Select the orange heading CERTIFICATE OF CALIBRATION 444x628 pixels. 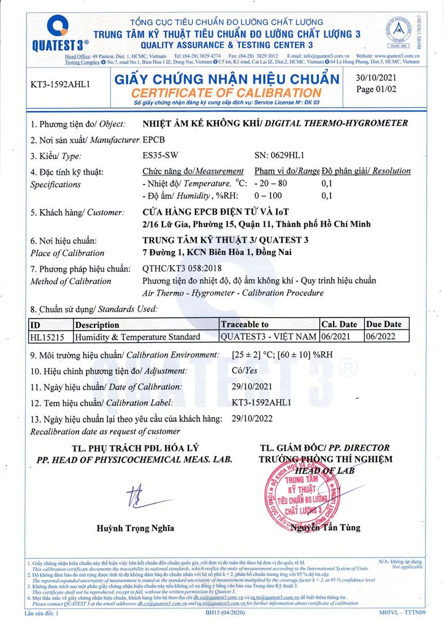pyautogui.click(x=226, y=93)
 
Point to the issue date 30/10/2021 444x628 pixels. pyautogui.click(x=376, y=77)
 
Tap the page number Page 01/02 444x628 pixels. pyautogui.click(x=375, y=89)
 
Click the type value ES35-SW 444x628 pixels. pyautogui.click(x=160, y=155)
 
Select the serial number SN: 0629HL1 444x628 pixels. pyautogui.click(x=279, y=155)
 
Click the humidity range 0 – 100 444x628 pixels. pyautogui.click(x=268, y=196)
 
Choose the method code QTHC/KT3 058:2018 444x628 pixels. pyautogui.click(x=182, y=269)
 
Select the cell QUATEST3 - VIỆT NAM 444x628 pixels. pyautogui.click(x=268, y=337)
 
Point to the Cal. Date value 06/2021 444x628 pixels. pyautogui.click(x=336, y=337)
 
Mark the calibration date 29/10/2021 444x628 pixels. pyautogui.click(x=253, y=386)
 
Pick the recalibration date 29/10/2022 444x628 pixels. pyautogui.click(x=253, y=419)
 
